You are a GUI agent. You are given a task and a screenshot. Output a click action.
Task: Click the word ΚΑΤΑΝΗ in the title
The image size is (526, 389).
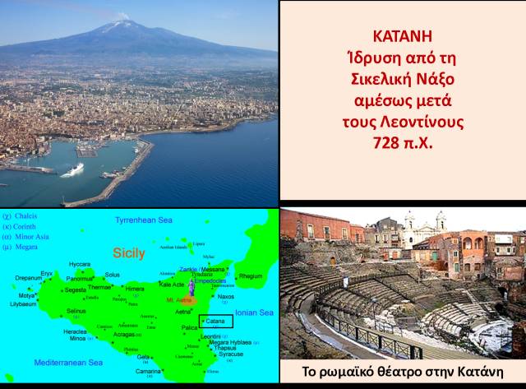coord(402,38)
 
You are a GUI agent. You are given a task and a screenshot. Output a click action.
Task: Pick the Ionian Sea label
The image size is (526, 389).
coord(254,313)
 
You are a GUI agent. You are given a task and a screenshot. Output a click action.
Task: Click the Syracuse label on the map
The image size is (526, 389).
coord(230,354)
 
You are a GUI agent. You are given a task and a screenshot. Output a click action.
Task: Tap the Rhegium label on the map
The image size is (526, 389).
coord(251,276)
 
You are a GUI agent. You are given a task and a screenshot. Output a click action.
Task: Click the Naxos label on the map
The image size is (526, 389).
coord(225,297)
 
